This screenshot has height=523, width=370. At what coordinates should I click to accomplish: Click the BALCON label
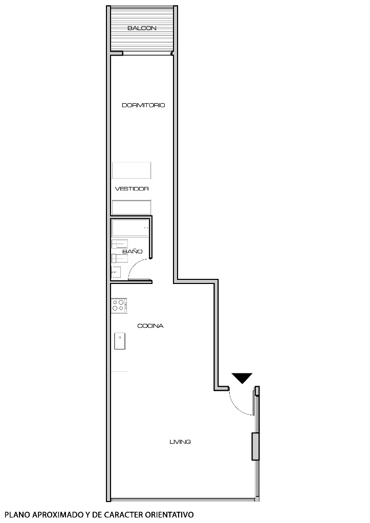coord(142,28)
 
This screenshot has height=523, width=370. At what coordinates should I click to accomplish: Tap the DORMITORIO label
coord(143,105)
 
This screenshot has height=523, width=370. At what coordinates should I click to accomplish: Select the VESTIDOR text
coord(132,188)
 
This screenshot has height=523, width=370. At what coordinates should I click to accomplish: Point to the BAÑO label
coord(132,251)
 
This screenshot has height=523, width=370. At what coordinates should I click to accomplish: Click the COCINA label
coord(150,326)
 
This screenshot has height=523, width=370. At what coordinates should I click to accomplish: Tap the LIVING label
coord(180,442)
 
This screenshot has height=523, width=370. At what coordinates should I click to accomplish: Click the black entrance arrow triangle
coord(242,378)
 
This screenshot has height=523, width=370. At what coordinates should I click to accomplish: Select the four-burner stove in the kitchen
coord(119,305)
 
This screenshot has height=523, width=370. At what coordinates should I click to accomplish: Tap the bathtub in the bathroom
coord(131,228)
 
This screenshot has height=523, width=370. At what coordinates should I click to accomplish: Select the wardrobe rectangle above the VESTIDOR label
coord(132,170)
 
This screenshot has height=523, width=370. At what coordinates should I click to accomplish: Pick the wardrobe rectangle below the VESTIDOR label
coord(132,207)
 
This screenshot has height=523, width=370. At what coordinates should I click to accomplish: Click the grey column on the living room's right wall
coord(255,446)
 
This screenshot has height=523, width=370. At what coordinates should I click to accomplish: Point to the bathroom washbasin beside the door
coord(116,272)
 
